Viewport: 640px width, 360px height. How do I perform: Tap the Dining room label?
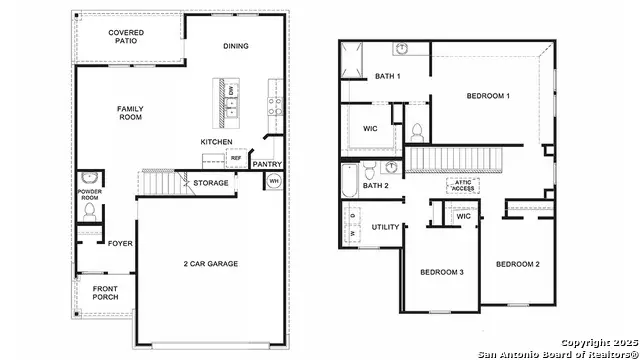point(236,46)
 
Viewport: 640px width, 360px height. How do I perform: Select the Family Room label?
point(130,113)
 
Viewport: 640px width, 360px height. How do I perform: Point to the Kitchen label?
point(216,142)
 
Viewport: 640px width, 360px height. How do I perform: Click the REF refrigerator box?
point(236,158)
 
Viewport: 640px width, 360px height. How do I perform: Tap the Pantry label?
point(267,164)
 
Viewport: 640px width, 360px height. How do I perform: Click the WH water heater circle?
point(274,181)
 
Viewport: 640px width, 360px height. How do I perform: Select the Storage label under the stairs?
point(211,183)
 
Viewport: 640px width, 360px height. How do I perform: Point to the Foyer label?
point(120,242)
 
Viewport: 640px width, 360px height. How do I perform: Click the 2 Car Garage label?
point(212,264)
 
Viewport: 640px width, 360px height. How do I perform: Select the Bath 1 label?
point(387,77)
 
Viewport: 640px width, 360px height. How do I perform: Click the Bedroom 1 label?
point(488,96)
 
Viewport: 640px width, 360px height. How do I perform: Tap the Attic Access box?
point(464,185)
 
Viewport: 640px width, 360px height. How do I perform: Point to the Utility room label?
point(385,227)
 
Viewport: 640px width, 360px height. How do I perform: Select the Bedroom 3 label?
point(440,272)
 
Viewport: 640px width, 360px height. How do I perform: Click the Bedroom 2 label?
point(518,264)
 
